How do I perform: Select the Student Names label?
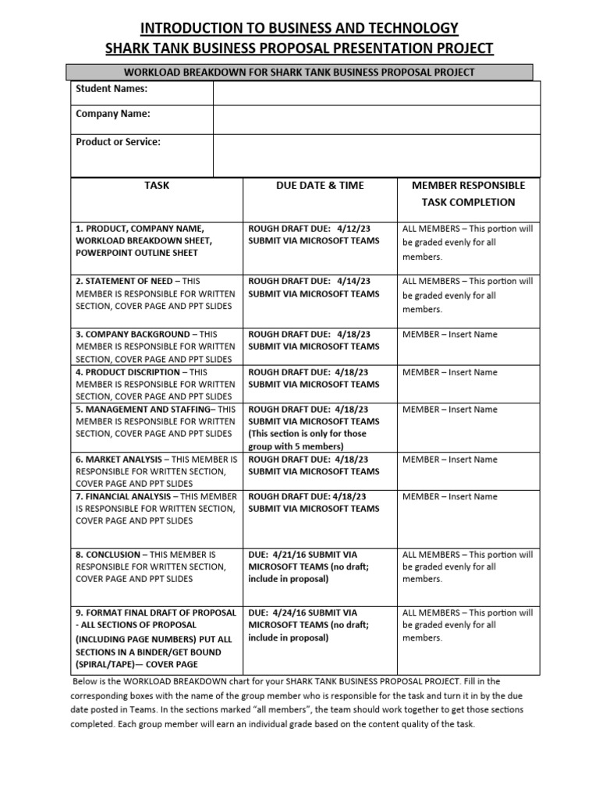(112, 89)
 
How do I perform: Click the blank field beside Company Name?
(377, 119)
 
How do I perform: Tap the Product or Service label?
(118, 142)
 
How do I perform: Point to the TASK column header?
(157, 186)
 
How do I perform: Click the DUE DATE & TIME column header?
(320, 186)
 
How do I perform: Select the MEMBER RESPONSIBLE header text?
(468, 186)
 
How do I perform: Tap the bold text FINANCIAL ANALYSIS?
(128, 496)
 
